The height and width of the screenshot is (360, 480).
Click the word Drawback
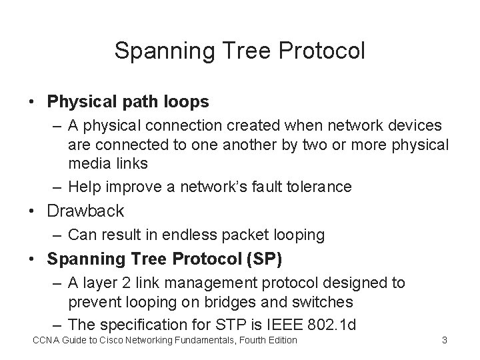click(x=85, y=211)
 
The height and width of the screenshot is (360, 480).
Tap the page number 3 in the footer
click(x=445, y=341)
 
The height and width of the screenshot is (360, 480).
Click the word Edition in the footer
click(x=280, y=341)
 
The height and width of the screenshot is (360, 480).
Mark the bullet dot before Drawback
click(x=32, y=212)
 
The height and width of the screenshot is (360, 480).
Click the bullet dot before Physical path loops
click(x=32, y=103)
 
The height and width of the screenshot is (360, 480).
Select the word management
click(x=199, y=283)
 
